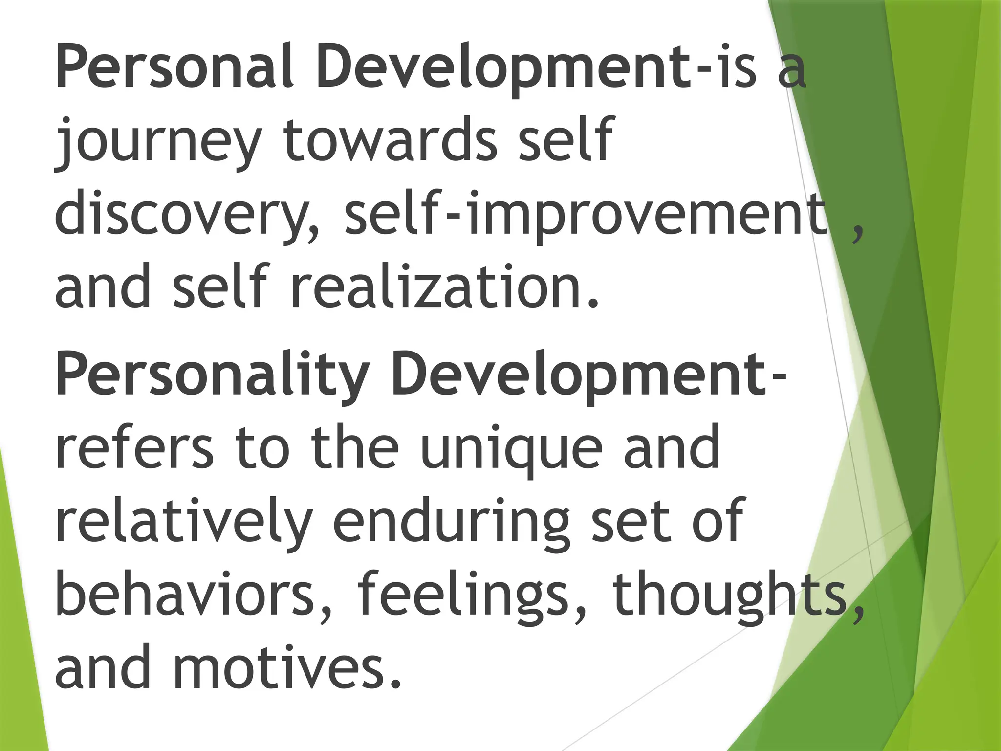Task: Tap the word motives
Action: (286, 667)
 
